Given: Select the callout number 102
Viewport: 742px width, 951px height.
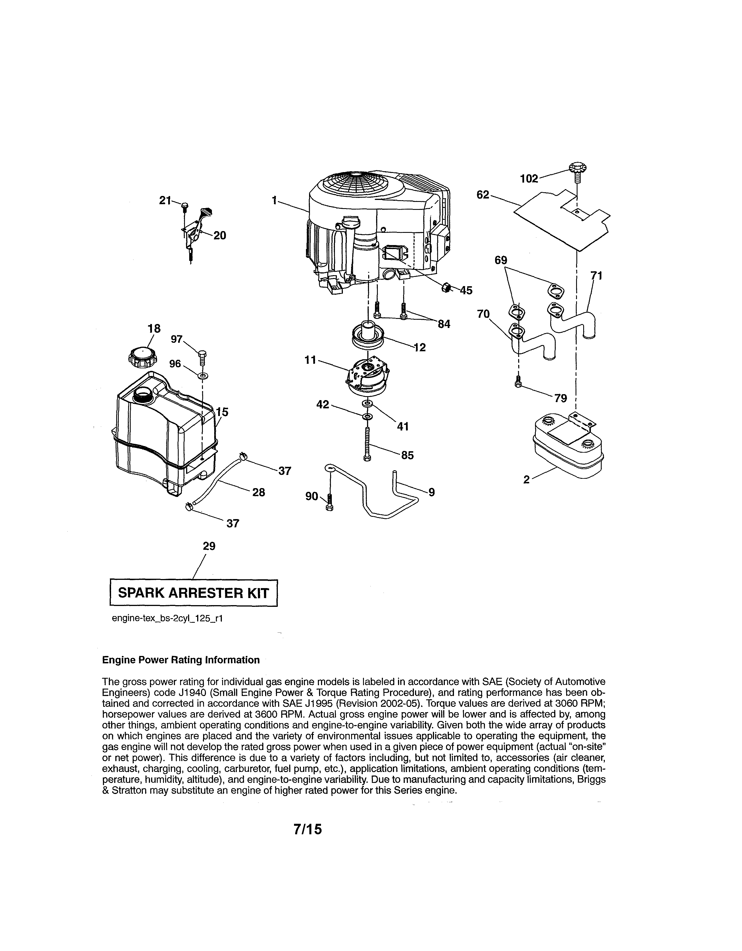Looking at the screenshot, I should click(x=529, y=179).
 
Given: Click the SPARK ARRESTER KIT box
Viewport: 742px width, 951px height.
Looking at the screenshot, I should click(x=193, y=593).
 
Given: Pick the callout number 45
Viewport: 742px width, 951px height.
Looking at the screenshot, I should click(x=466, y=290).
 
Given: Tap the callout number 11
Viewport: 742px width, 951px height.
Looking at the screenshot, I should click(x=310, y=360).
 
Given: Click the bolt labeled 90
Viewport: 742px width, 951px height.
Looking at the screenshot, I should click(x=330, y=503).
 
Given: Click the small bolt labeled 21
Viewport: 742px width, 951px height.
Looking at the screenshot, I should click(x=185, y=206).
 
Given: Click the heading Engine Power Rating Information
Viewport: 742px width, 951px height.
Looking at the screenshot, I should click(x=180, y=660).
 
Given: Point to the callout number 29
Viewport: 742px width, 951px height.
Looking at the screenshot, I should click(x=209, y=546).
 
